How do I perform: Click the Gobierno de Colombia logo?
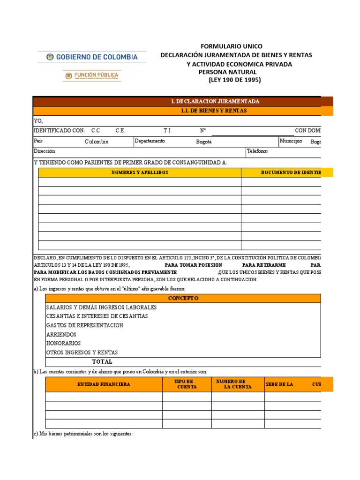[x=92, y=57]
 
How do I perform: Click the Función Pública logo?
[x=92, y=76]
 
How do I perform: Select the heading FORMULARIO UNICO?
[x=232, y=46]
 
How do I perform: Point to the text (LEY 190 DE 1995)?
[x=234, y=80]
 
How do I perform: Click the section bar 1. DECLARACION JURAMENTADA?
[x=215, y=102]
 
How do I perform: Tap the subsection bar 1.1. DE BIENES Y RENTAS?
[x=213, y=111]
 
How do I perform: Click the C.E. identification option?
[x=120, y=130]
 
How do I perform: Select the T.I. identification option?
[x=168, y=130]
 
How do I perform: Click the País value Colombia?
[x=97, y=141]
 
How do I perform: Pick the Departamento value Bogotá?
[x=204, y=141]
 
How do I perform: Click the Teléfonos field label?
[x=257, y=151]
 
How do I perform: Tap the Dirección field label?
[x=45, y=151]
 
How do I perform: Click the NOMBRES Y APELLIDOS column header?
[x=140, y=172]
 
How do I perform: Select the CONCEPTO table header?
[x=183, y=299]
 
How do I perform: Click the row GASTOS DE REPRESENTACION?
[x=85, y=325]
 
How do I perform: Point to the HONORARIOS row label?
[x=63, y=343]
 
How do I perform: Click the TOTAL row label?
[x=102, y=361]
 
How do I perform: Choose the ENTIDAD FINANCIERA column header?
[x=104, y=384]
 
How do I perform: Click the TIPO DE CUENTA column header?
[x=187, y=384]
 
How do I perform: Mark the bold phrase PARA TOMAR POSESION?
[x=194, y=265]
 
